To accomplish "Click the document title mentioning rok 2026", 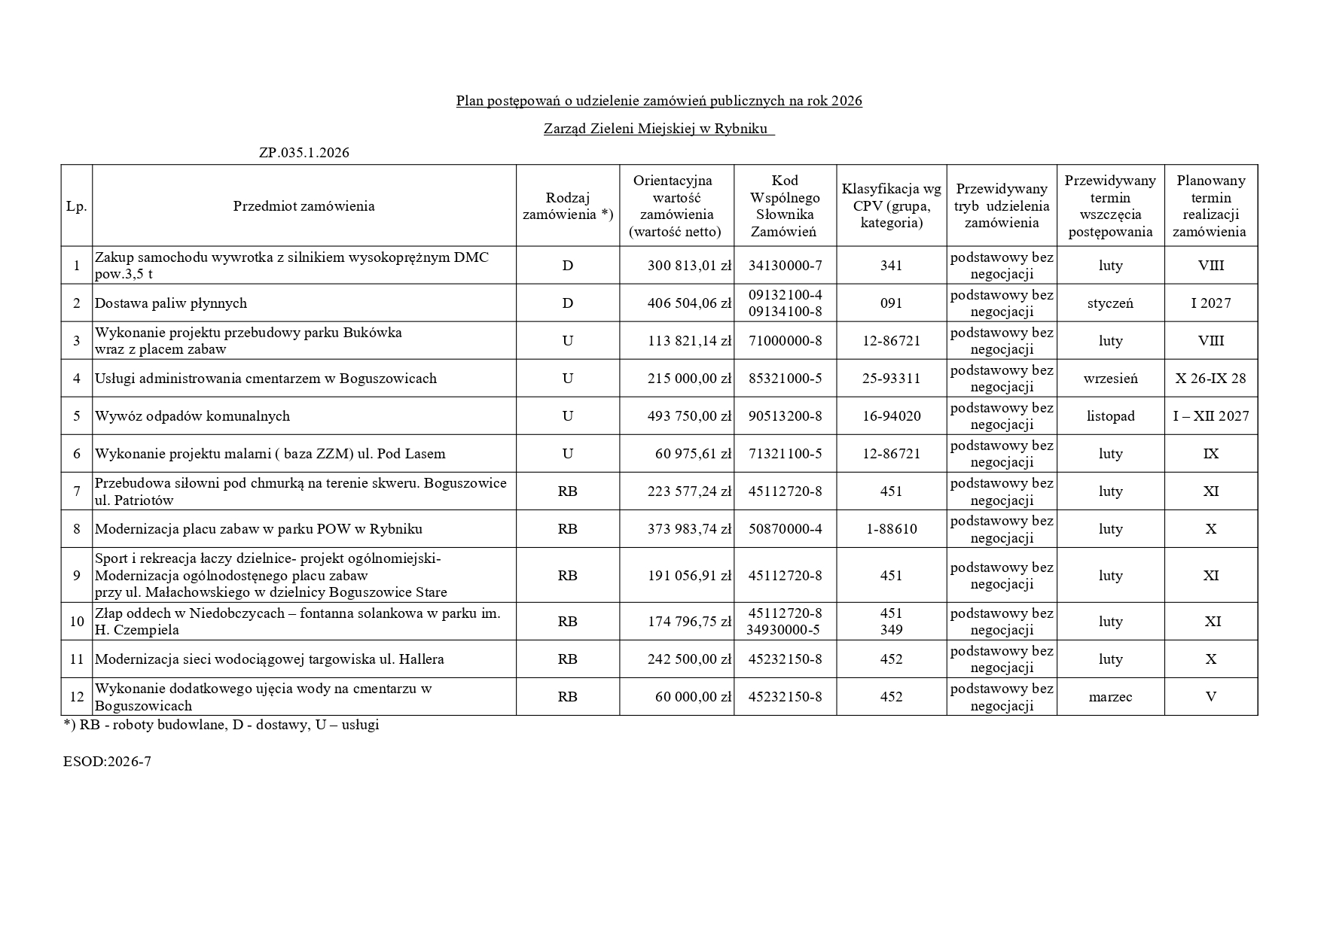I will [659, 101].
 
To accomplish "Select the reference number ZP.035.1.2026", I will [304, 153].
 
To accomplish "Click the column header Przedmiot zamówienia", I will [304, 206].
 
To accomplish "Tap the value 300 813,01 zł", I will [689, 266].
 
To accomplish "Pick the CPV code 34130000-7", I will [785, 266].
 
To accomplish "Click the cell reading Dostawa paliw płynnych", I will [171, 303].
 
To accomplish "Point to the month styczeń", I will [1110, 303].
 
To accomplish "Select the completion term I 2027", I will [1210, 303].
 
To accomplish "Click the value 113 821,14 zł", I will [689, 341].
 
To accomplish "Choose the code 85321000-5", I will [785, 379].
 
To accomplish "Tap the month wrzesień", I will [1110, 379].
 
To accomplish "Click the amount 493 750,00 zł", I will [689, 416].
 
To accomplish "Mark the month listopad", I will [1110, 416].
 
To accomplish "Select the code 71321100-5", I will [785, 454].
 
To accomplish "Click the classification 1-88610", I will [891, 529].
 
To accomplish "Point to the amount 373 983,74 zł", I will [689, 529].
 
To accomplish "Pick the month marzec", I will [1110, 697].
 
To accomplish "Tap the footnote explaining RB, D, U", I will [221, 726].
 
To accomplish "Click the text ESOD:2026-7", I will [107, 762].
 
